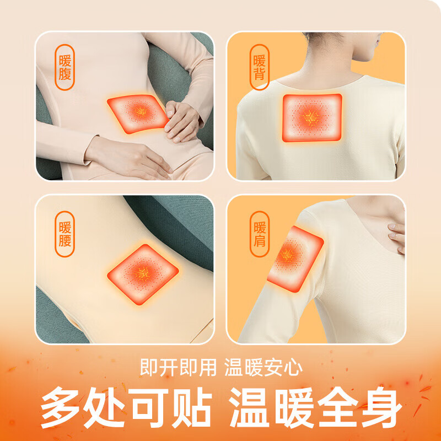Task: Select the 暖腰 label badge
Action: (x=65, y=234)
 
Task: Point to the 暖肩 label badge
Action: (x=259, y=234)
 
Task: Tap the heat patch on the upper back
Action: (x=312, y=117)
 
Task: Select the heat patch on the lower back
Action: (x=143, y=273)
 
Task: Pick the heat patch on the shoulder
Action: (x=293, y=259)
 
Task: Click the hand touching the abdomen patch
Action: (x=184, y=120)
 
